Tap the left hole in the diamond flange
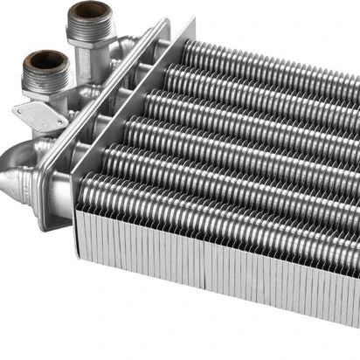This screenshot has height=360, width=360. [x=21, y=112]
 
